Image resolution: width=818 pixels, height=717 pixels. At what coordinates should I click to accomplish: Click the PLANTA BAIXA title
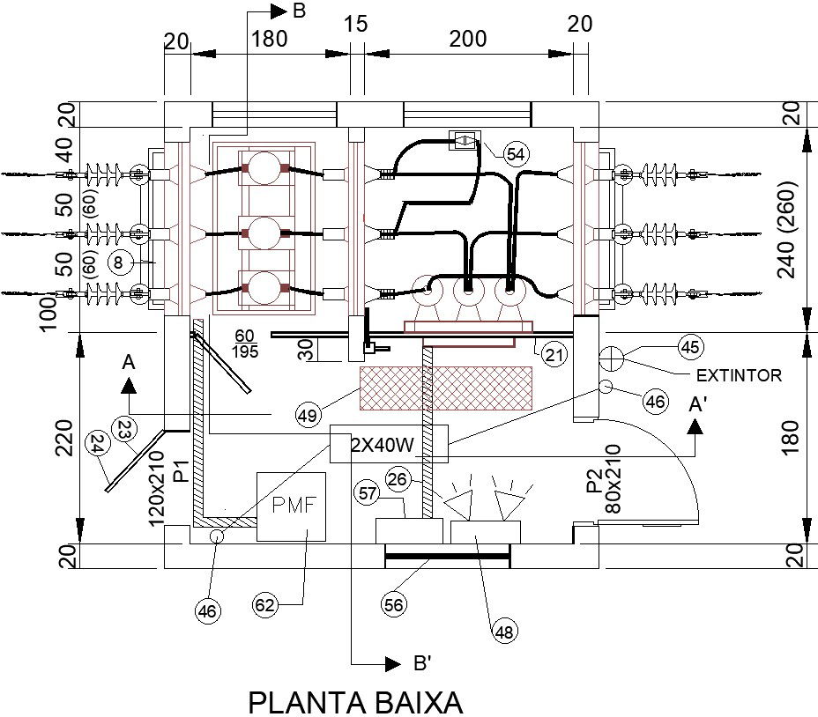tap(355, 703)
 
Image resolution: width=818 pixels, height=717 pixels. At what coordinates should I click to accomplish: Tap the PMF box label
tap(291, 506)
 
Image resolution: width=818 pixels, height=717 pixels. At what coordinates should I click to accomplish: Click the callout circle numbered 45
tap(690, 346)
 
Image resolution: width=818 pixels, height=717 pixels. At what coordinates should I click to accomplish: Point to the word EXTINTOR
tap(739, 375)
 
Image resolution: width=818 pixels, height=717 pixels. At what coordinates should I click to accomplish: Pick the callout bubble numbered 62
tap(265, 604)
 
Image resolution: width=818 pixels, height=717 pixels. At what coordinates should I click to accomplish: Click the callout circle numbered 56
tap(394, 603)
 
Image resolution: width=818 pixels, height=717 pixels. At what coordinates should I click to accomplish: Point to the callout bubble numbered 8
tap(119, 262)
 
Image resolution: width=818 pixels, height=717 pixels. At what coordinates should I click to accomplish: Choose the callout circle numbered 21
tap(554, 356)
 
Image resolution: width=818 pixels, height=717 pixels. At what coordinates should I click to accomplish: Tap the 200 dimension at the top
tap(467, 39)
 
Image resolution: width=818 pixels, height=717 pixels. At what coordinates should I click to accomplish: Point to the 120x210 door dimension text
tap(156, 489)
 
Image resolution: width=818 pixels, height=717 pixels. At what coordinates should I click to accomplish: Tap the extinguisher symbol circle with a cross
tap(611, 358)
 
